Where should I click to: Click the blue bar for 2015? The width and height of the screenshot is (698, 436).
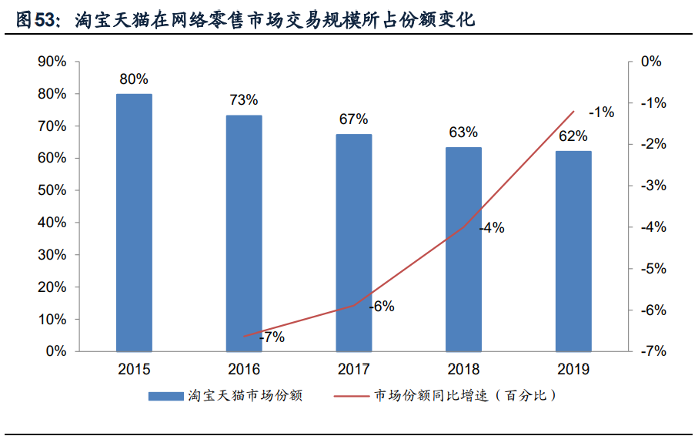[134, 223]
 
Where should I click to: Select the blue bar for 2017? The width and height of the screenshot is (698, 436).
[354, 243]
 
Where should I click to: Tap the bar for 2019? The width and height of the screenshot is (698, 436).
[573, 251]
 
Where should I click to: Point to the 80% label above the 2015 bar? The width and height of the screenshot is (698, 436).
[134, 79]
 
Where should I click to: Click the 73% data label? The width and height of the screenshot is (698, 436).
[244, 101]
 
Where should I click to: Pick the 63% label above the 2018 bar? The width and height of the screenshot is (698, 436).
[463, 132]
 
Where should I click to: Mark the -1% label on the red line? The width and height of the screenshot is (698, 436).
[601, 112]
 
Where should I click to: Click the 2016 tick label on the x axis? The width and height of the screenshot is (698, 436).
[244, 370]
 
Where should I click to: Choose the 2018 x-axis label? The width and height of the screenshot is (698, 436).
[463, 370]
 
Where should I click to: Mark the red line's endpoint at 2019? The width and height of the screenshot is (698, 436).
[573, 111]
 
